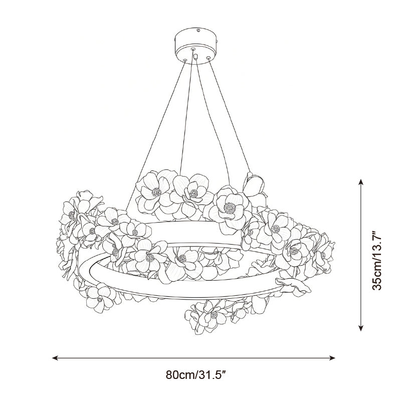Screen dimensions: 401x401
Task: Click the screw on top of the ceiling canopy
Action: click(197, 31)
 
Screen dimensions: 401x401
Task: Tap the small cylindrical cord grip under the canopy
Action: click(195, 57)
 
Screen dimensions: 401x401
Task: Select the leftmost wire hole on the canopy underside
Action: click(184, 60)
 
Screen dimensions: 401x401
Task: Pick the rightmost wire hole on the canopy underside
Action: click(209, 58)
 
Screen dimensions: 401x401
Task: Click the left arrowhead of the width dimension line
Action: click(55, 358)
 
